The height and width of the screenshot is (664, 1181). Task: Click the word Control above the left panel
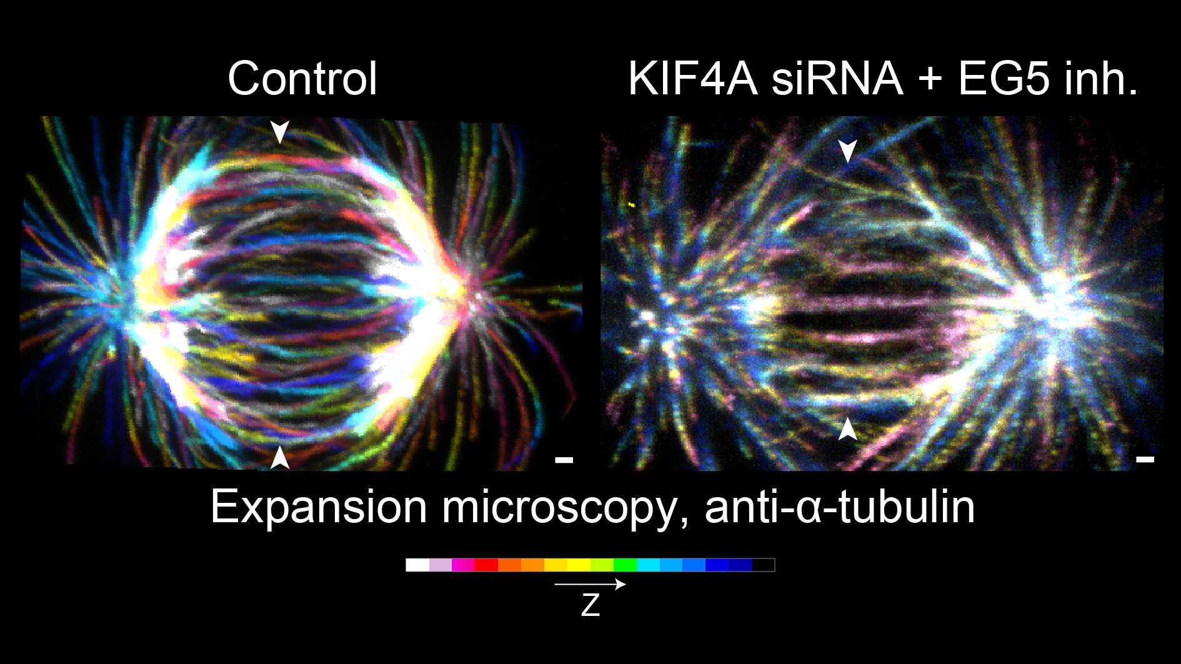pos(302,79)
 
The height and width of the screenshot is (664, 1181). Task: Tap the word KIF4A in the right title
pos(692,79)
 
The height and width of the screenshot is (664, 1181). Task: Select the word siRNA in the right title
pos(837,79)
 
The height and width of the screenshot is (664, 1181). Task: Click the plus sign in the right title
pos(930,81)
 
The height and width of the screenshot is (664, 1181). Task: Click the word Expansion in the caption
pos(319,507)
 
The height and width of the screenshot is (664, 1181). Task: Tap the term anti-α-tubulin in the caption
pos(840,507)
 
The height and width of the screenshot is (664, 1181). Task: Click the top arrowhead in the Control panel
pos(279,132)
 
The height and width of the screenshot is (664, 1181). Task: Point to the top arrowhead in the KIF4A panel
pos(847,151)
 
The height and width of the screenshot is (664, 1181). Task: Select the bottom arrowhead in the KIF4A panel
pos(847,429)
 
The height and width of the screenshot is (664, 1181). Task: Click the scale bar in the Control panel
pos(564,460)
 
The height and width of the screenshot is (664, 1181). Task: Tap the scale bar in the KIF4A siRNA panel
pos(1145,460)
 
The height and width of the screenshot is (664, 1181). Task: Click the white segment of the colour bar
pos(417,565)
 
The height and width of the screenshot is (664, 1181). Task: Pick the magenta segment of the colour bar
pos(463,565)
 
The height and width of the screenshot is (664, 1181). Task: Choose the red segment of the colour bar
pos(486,565)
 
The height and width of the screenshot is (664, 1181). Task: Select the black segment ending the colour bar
pos(763,565)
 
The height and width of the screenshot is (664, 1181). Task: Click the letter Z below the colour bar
pos(590,605)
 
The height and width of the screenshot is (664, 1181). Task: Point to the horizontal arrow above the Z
pos(590,584)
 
